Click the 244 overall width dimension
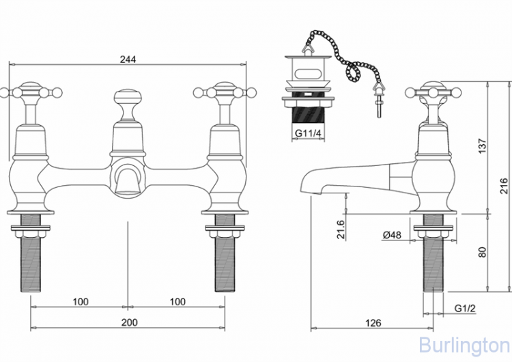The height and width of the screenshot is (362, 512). click(128, 59)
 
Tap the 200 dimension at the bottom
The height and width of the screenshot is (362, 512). click(128, 322)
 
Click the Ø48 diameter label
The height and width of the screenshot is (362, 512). click(392, 235)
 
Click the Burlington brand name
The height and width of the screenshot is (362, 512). click(464, 344)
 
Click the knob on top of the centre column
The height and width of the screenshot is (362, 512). click(128, 97)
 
